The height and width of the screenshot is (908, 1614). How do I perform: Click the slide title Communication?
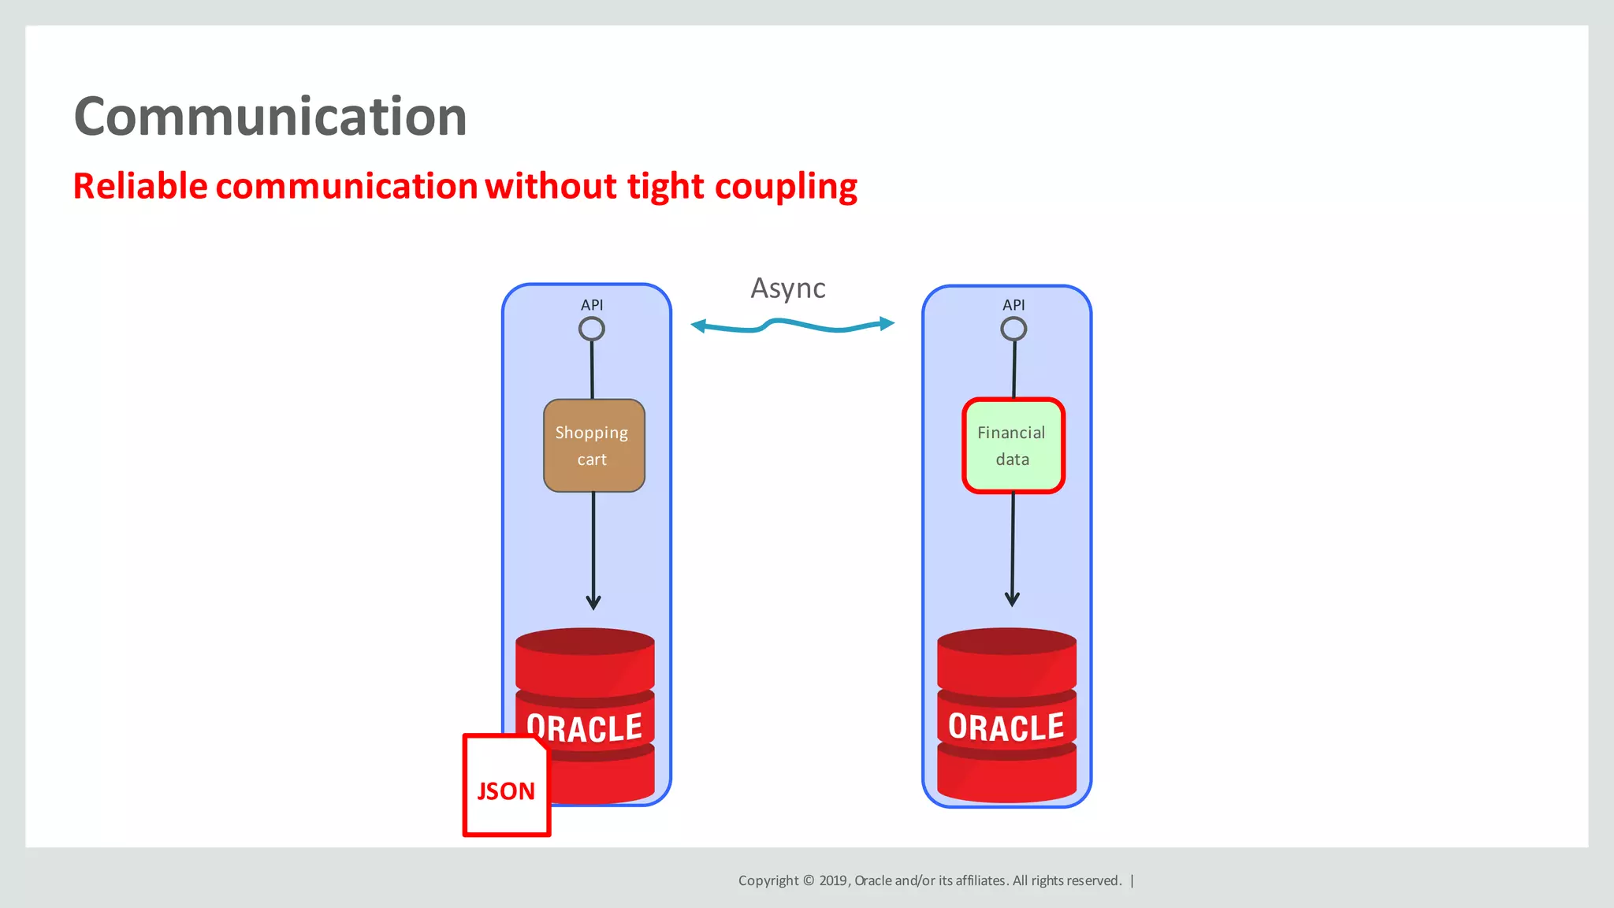pyautogui.click(x=270, y=117)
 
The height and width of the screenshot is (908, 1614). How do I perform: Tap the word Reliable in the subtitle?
pyautogui.click(x=140, y=187)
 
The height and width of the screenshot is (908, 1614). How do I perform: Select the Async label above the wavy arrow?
pyautogui.click(x=787, y=288)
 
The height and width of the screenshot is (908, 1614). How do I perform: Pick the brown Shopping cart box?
pyautogui.click(x=593, y=445)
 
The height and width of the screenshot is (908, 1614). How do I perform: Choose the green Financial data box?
pyautogui.click(x=1013, y=445)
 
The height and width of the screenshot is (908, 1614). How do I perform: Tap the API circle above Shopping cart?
pyautogui.click(x=591, y=329)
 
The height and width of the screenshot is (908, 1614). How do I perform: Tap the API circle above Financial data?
pyautogui.click(x=1013, y=329)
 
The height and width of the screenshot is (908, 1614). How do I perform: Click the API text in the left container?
pyautogui.click(x=592, y=305)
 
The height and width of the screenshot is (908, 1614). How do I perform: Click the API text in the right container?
pyautogui.click(x=1013, y=305)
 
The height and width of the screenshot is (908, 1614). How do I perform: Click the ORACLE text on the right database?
pyautogui.click(x=1006, y=727)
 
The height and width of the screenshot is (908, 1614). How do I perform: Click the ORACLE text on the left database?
pyautogui.click(x=585, y=728)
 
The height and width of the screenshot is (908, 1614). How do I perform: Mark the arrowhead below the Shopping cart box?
pyautogui.click(x=593, y=603)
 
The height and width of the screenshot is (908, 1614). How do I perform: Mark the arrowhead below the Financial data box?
pyautogui.click(x=1013, y=599)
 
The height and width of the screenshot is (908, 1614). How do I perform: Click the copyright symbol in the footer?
pyautogui.click(x=809, y=880)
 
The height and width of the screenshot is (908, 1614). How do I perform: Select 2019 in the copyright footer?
pyautogui.click(x=832, y=880)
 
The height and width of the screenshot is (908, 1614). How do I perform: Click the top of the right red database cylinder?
pyautogui.click(x=1006, y=641)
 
